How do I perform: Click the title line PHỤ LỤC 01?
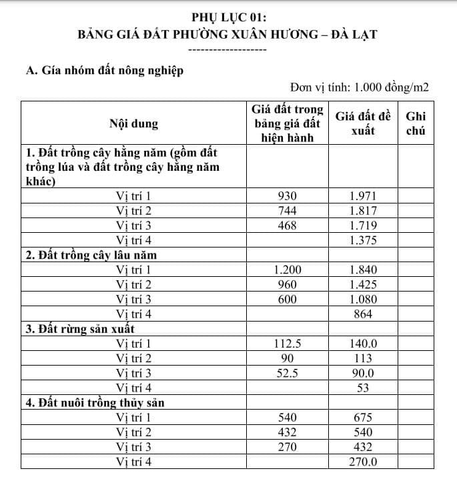click(x=228, y=18)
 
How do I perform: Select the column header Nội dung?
click(x=133, y=123)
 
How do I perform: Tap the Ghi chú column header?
click(x=416, y=123)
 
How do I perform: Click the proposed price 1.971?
click(x=363, y=196)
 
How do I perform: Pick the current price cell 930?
click(x=287, y=196)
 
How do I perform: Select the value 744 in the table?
click(x=287, y=211)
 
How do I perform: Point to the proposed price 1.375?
click(x=363, y=240)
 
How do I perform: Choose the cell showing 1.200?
click(x=287, y=270)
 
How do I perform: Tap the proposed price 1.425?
click(x=363, y=284)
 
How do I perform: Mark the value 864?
click(x=363, y=314)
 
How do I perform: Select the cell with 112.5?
click(x=287, y=344)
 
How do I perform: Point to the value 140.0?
click(x=363, y=344)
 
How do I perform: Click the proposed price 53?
click(x=363, y=388)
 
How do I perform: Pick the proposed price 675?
click(x=363, y=418)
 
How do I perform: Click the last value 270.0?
click(x=363, y=462)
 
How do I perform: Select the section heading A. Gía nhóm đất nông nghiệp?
click(x=103, y=69)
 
